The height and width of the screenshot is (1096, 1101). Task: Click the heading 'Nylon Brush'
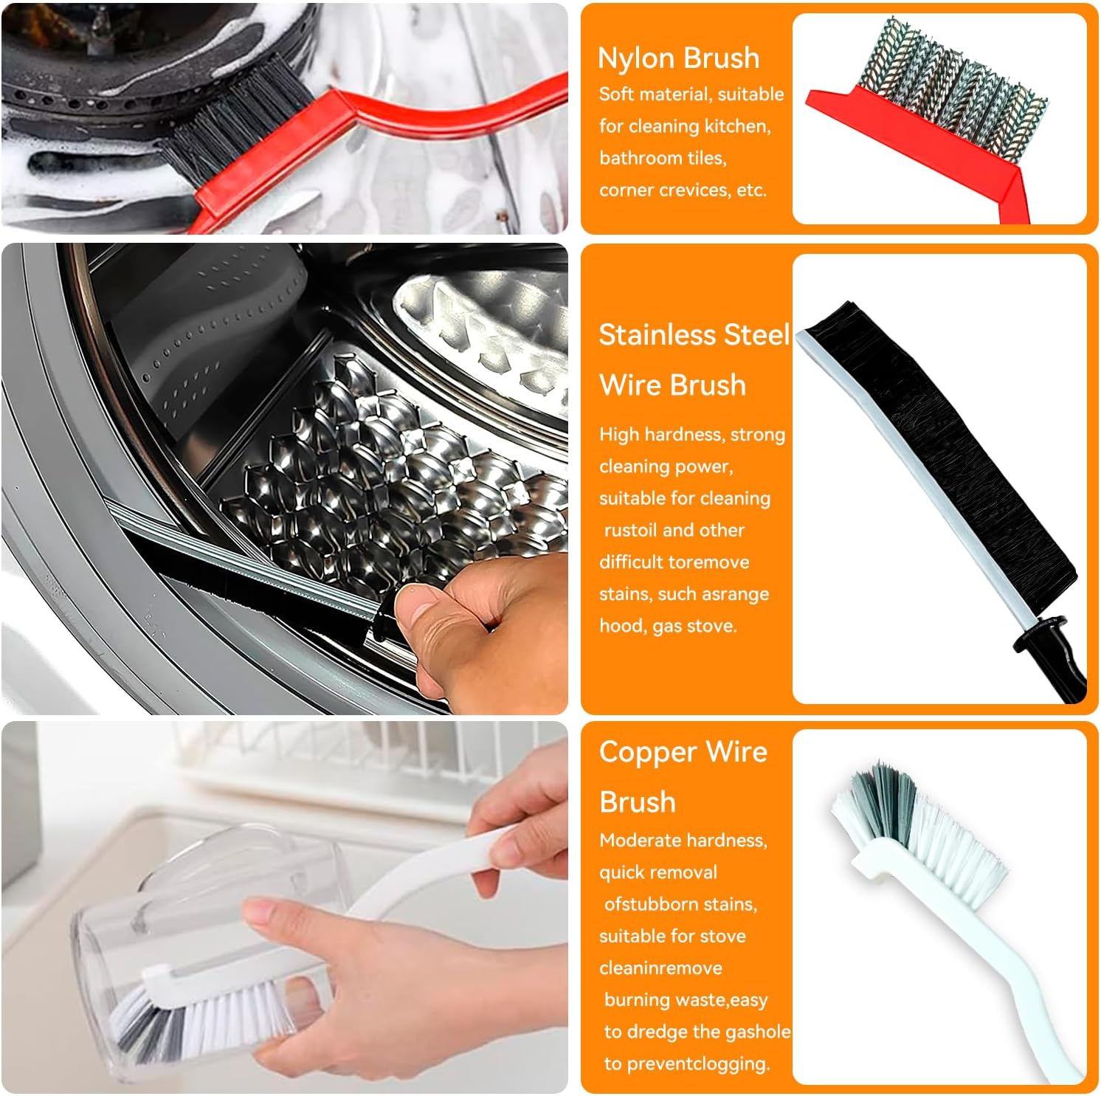click(678, 58)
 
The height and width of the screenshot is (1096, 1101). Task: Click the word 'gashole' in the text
click(759, 1031)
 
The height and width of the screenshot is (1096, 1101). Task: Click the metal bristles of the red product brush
click(952, 89)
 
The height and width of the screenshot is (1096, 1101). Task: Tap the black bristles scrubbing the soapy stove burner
click(236, 125)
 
